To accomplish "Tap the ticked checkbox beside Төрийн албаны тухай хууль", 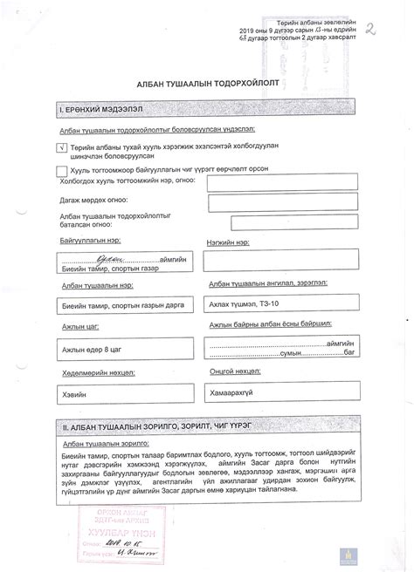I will pos(60,148).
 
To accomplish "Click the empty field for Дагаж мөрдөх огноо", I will pos(268,201).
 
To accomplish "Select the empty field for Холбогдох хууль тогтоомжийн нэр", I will pos(268,181).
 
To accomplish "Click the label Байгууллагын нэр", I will pos(91,238).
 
